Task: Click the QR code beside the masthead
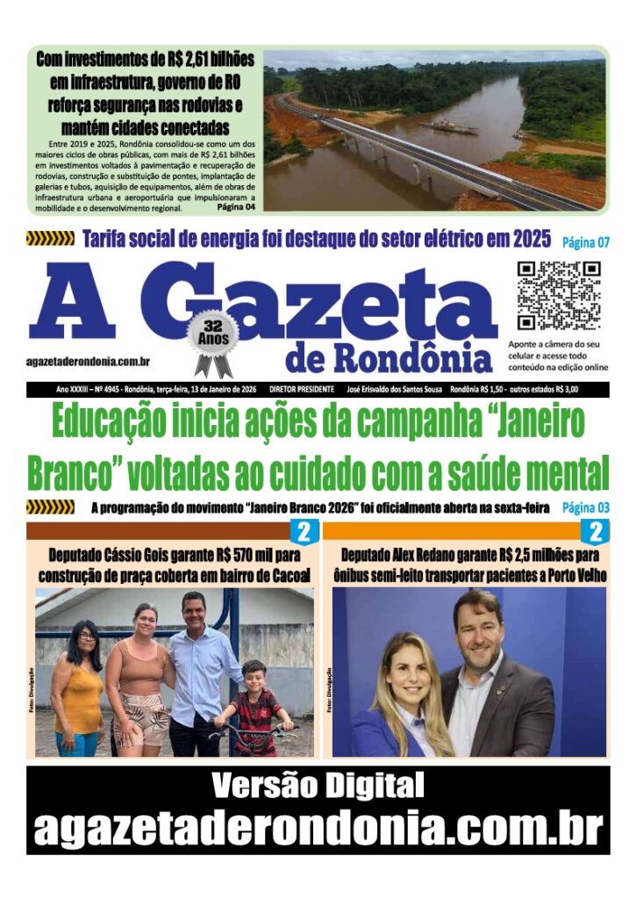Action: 558,295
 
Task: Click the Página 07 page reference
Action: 585,241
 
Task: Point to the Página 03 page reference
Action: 585,507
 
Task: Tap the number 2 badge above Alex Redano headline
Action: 595,532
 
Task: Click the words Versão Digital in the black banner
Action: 318,785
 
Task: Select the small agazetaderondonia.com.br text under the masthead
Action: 88,361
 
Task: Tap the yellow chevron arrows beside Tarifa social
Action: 50,239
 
